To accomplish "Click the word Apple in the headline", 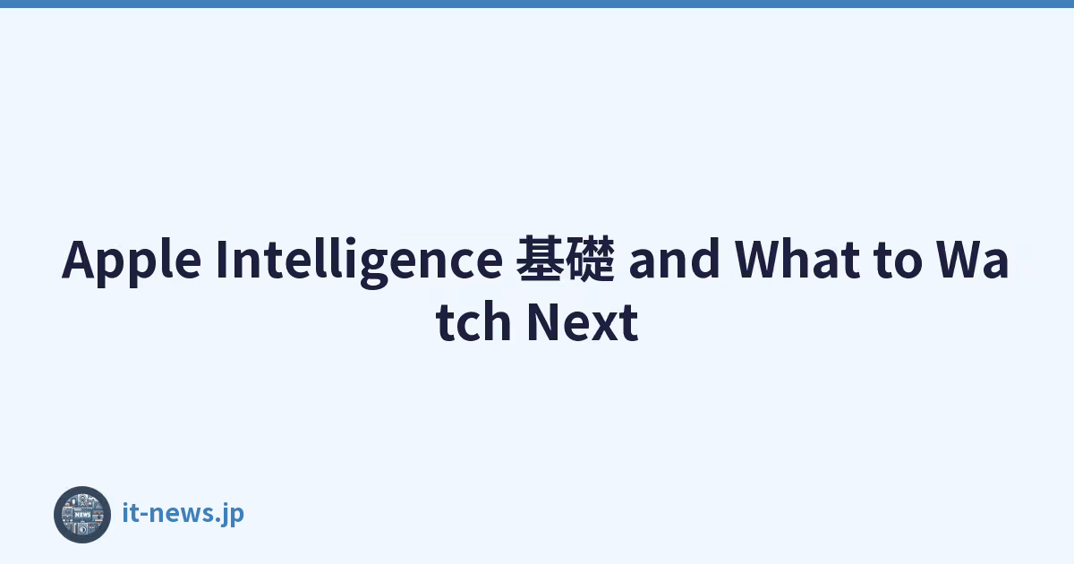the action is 132,261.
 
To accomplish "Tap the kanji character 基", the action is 540,259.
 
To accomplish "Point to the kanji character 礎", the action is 590,259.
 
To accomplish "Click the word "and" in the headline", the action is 674,259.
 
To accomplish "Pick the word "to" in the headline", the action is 898,261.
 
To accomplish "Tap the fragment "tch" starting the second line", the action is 473,320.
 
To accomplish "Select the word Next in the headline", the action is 583,321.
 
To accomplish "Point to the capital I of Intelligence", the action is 222,259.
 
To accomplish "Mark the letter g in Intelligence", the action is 374,268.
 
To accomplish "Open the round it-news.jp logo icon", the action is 82,515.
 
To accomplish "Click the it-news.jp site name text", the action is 183,514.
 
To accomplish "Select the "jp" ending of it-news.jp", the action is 233,515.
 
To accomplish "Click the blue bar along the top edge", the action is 537,4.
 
